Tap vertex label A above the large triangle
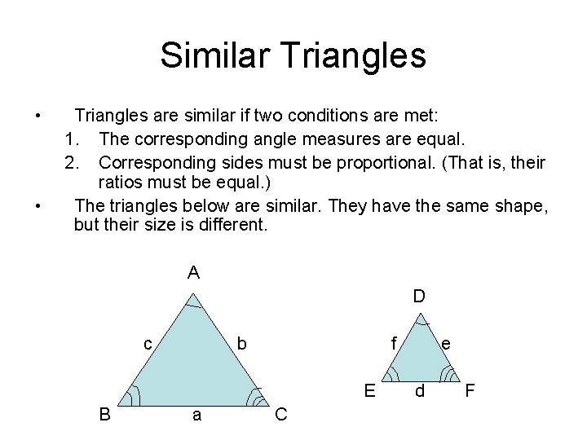193,273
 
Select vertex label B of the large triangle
105,415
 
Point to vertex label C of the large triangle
281,415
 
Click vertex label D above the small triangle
418,296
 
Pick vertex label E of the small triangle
369,390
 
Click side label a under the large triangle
196,415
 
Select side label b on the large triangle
241,344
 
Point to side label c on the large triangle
148,344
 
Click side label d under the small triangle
419,391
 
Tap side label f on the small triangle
394,344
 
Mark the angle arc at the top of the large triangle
193,305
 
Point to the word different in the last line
231,224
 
